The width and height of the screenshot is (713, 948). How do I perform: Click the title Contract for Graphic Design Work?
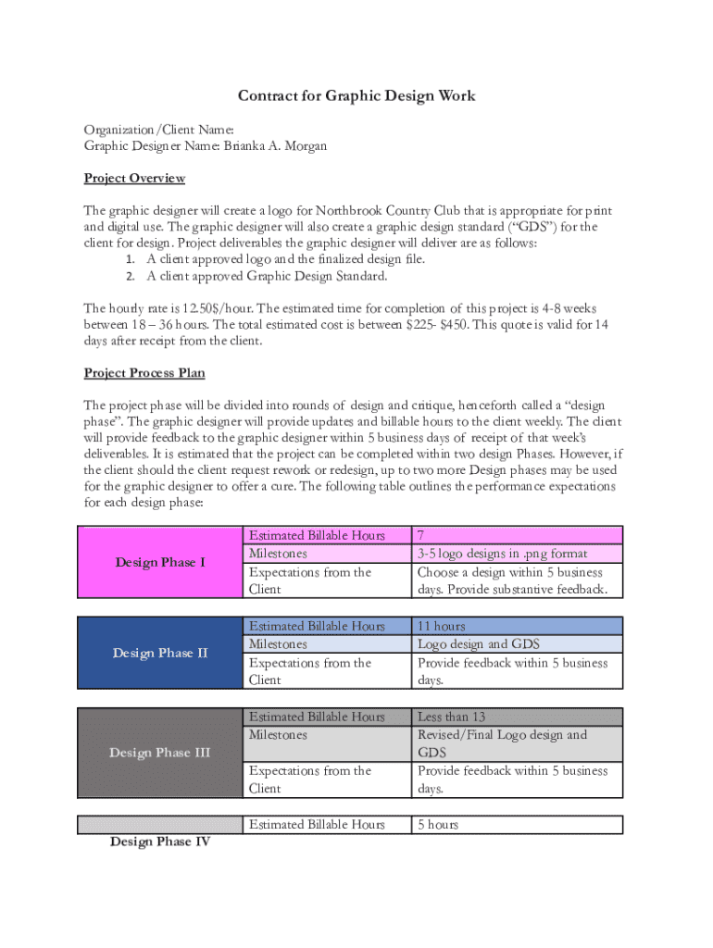point(356,96)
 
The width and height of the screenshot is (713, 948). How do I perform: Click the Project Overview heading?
point(134,178)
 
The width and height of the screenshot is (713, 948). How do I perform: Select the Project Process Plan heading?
point(144,373)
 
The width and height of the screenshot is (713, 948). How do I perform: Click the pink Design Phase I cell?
point(160,562)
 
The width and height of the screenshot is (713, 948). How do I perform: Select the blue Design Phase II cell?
point(160,653)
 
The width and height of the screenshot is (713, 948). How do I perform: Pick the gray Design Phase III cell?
point(160,753)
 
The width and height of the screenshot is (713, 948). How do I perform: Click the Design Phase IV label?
point(160,842)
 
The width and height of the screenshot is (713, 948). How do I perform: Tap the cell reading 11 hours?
point(442,626)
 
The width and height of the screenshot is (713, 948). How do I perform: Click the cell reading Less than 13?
point(452,717)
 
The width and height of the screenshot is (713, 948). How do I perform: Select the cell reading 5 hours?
point(438,824)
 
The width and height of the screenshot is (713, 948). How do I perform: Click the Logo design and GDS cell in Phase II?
point(479,644)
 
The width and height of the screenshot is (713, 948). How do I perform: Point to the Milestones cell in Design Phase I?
point(278,554)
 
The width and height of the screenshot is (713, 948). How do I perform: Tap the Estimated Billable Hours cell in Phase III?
point(317,717)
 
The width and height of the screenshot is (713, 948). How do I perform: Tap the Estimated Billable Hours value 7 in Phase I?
point(422,535)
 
